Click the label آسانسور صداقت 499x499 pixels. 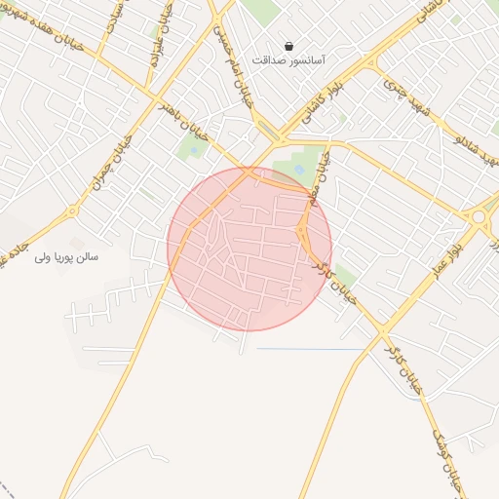[x=288, y=60]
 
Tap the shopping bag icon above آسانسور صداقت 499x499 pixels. [x=289, y=45]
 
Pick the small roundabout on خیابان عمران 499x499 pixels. [x=70, y=211]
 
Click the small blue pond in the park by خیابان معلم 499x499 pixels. [x=297, y=169]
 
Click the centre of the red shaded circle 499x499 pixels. [x=249, y=249]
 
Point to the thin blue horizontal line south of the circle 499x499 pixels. [x=310, y=349]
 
